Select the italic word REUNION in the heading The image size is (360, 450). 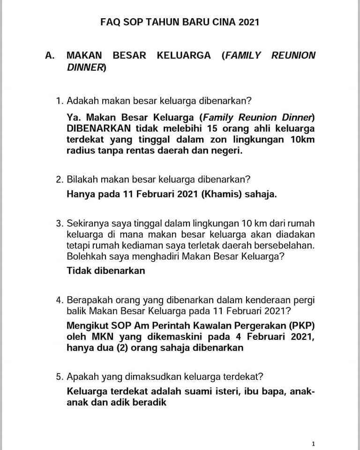pyautogui.click(x=293, y=55)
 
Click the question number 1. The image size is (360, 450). pyautogui.click(x=59, y=101)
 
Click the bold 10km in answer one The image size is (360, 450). pyautogui.click(x=302, y=140)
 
